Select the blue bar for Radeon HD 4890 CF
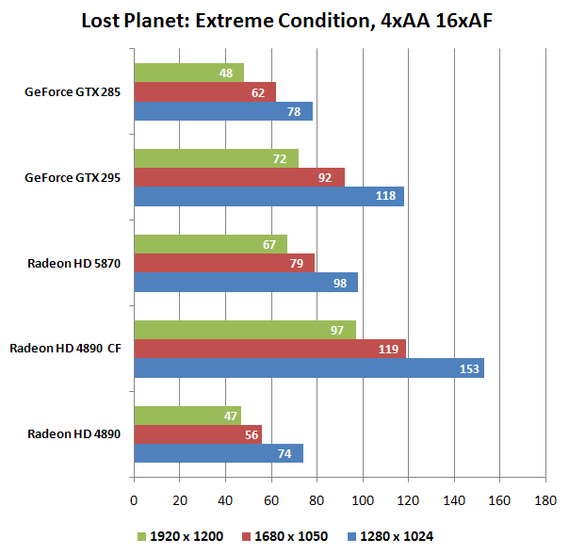point(308,367)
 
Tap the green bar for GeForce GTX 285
point(188,73)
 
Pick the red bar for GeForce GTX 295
point(238,177)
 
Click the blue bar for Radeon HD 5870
point(245,282)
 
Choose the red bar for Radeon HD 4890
point(197,434)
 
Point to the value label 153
point(469,367)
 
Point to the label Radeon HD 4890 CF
point(66,349)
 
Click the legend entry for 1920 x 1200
point(184,536)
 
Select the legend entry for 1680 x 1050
point(288,536)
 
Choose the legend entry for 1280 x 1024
point(391,536)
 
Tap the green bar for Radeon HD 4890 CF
point(244,330)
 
